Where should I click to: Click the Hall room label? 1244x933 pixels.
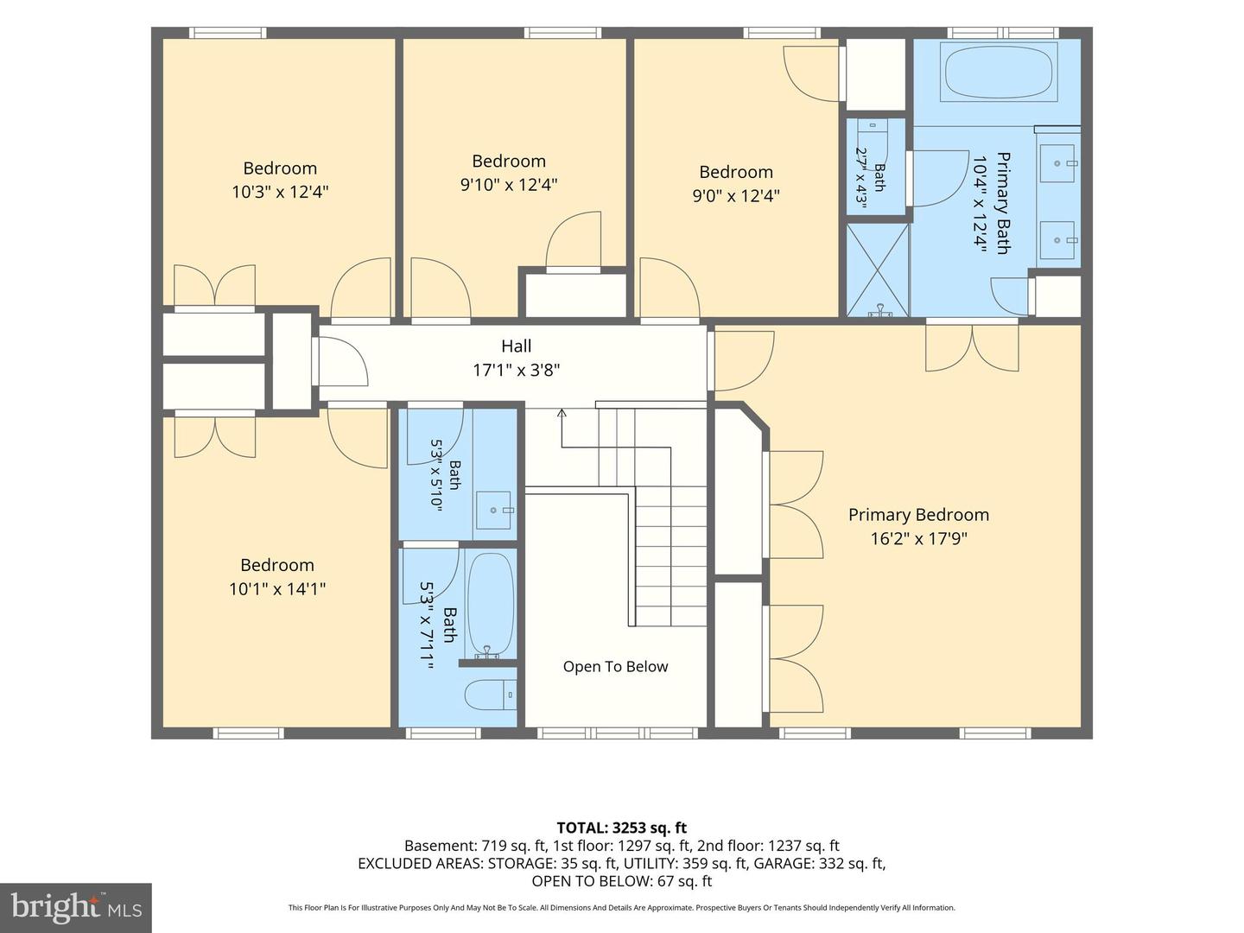517,346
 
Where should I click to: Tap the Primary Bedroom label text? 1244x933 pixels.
918,514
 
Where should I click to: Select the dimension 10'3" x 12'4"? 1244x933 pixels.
280,192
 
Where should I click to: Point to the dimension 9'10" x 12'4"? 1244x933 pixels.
509,185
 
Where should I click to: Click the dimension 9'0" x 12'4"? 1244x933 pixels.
736,195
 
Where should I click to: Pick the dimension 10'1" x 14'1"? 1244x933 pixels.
277,589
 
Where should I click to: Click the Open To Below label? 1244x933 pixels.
615,666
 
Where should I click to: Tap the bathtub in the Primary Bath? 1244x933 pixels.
999,72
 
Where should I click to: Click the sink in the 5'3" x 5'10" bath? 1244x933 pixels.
493,511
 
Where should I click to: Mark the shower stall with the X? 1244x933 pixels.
878,270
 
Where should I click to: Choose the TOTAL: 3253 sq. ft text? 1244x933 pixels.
622,828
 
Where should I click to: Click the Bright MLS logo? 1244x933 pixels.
76,908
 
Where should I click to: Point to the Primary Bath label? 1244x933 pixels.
1003,203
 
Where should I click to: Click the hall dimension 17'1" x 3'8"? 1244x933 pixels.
517,370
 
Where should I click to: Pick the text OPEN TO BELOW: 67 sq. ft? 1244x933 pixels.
622,881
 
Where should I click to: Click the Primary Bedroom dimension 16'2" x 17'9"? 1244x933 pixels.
918,538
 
